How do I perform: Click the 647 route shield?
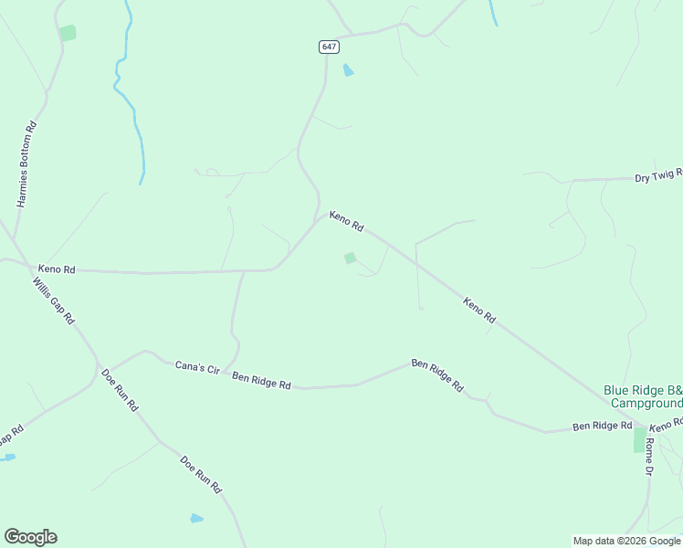[330, 47]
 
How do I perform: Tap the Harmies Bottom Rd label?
[26, 165]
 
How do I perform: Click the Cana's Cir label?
[198, 368]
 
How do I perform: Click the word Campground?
[646, 403]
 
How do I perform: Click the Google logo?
[30, 537]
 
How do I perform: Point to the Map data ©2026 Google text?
[627, 541]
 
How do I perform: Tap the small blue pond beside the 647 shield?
[348, 70]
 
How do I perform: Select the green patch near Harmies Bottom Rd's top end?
[68, 33]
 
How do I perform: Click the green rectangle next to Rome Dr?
[639, 439]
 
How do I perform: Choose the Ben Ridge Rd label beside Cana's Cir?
[261, 381]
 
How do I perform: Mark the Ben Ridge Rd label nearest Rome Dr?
[602, 427]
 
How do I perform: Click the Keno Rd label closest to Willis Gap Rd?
[57, 269]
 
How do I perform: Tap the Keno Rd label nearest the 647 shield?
[347, 221]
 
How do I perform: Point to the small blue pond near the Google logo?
[196, 519]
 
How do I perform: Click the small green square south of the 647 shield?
[350, 258]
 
